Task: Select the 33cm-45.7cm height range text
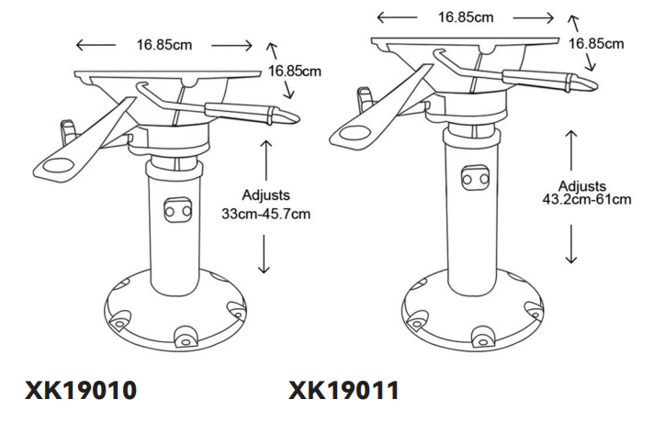(266, 212)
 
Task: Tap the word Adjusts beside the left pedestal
(265, 196)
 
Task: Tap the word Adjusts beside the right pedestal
(588, 185)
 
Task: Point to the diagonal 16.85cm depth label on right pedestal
(598, 42)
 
